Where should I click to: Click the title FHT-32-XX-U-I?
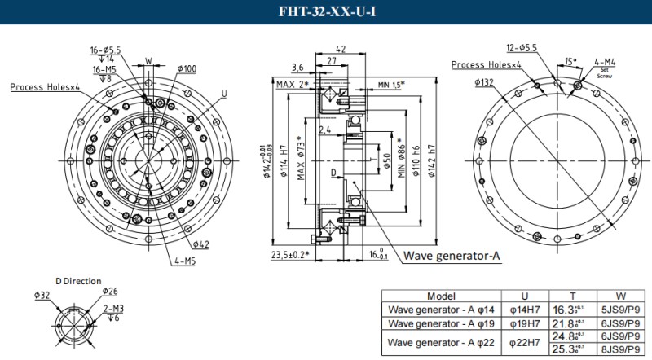click(326, 11)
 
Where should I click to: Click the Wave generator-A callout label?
click(451, 256)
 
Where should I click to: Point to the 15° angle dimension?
click(570, 61)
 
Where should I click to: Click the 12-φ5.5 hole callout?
click(521, 47)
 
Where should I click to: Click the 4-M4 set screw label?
click(604, 61)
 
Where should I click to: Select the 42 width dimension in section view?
click(341, 50)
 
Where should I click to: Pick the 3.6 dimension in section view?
click(297, 67)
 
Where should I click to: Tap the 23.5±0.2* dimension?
click(289, 254)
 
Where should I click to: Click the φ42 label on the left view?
click(201, 244)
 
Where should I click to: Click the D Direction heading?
click(79, 281)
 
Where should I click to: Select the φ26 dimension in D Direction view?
click(110, 291)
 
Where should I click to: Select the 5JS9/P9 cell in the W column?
click(617, 310)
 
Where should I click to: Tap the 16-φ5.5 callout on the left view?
click(106, 50)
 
